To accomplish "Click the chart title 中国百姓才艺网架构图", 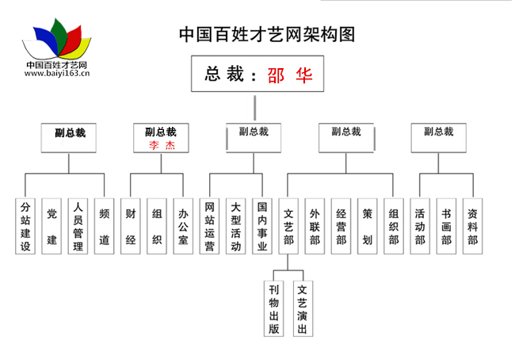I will (266, 34).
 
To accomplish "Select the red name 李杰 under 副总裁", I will (161, 146).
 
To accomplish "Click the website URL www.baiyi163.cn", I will (56, 73).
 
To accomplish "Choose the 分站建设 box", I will (26, 227).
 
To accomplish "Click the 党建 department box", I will (51, 227).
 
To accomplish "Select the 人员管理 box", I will (78, 227).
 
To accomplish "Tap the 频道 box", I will (104, 227).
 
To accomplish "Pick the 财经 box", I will (131, 227).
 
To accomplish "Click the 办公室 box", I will (183, 227).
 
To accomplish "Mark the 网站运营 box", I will (209, 227).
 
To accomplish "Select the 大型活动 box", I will (235, 227).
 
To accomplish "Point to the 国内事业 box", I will (262, 227).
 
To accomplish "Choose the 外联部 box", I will (315, 227).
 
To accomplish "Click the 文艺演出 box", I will (302, 308).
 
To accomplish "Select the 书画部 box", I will (446, 227).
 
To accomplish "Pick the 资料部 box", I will (472, 227).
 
